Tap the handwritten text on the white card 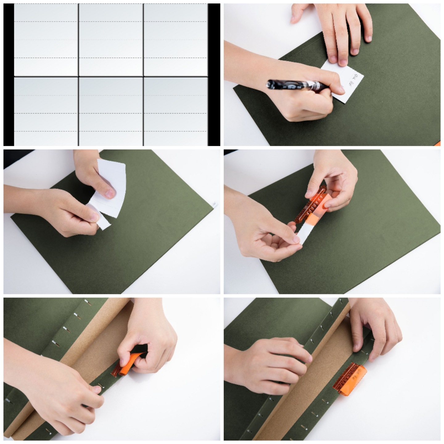tap(354, 80)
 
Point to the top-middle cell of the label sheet tap(111, 39)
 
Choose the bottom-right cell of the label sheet tap(176, 111)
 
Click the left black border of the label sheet tap(9, 74)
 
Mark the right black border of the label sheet tap(214, 74)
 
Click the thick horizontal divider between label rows tap(111, 76)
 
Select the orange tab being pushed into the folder tap(126, 365)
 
